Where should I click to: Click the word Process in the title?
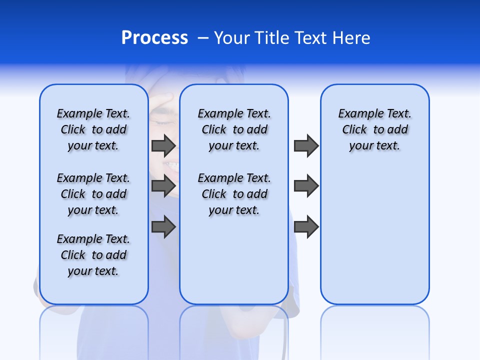(x=154, y=37)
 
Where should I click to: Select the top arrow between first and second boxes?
(x=163, y=145)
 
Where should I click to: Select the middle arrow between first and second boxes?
(x=163, y=186)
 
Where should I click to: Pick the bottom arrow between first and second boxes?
(x=163, y=226)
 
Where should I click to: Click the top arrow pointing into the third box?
(x=306, y=145)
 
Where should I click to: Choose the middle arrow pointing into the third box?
(x=306, y=186)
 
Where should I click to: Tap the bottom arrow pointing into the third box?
(x=306, y=226)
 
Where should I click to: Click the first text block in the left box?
(x=93, y=129)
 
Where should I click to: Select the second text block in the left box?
(x=93, y=194)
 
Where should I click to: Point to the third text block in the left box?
(x=93, y=255)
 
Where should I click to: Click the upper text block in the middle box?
(x=234, y=129)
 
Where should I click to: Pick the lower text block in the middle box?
(x=234, y=194)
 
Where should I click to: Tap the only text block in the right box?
(x=374, y=129)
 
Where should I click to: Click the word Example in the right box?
(x=356, y=114)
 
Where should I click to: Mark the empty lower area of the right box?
(x=374, y=235)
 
